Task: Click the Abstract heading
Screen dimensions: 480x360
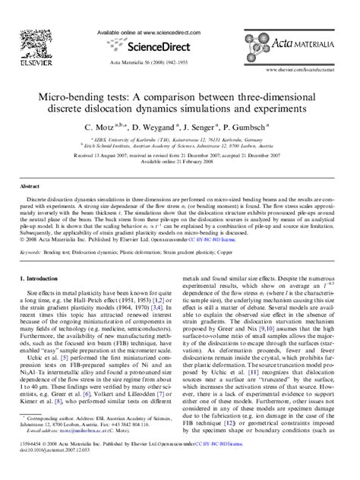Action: (30, 185)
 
